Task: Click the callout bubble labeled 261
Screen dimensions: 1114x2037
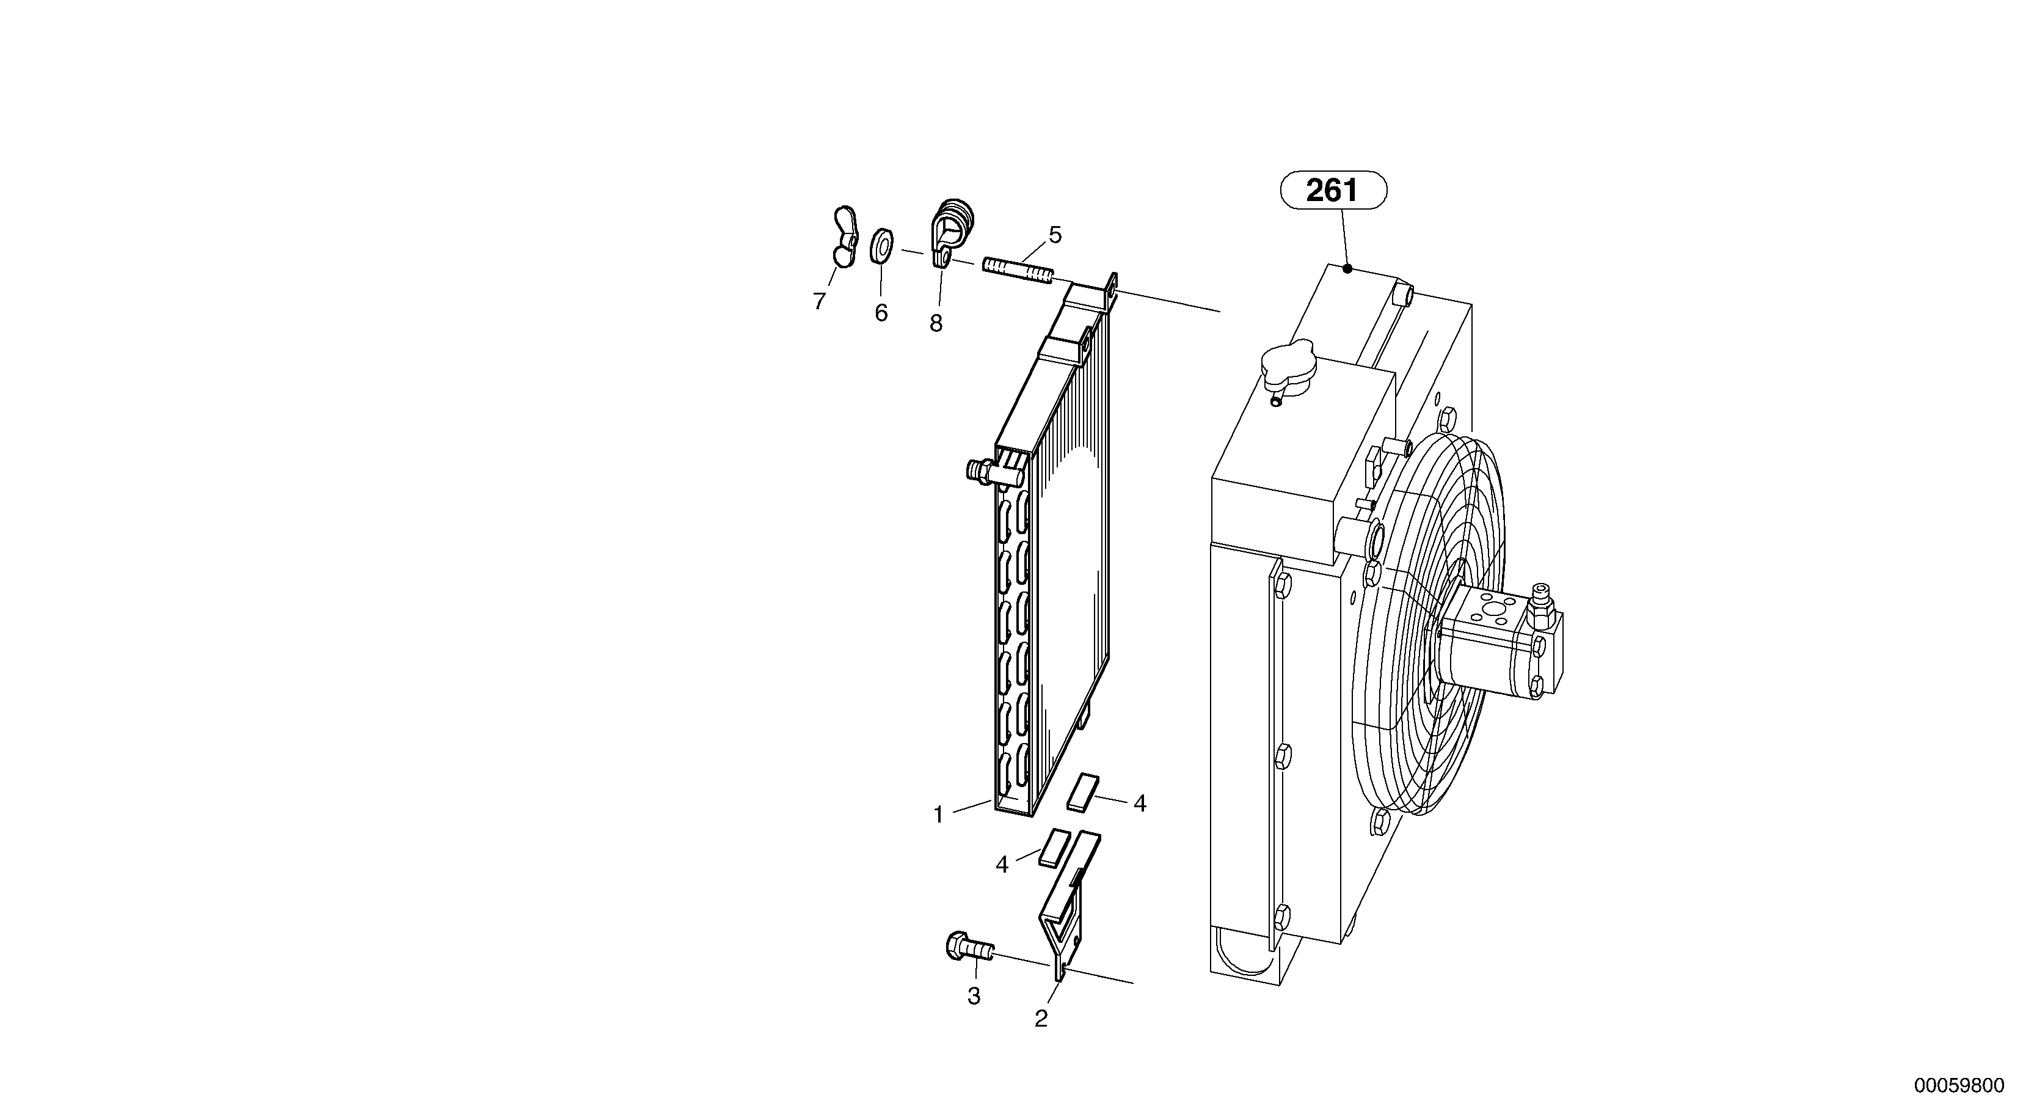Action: (1333, 191)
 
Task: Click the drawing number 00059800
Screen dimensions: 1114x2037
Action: (1959, 1085)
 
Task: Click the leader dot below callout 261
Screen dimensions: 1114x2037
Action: (1347, 268)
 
